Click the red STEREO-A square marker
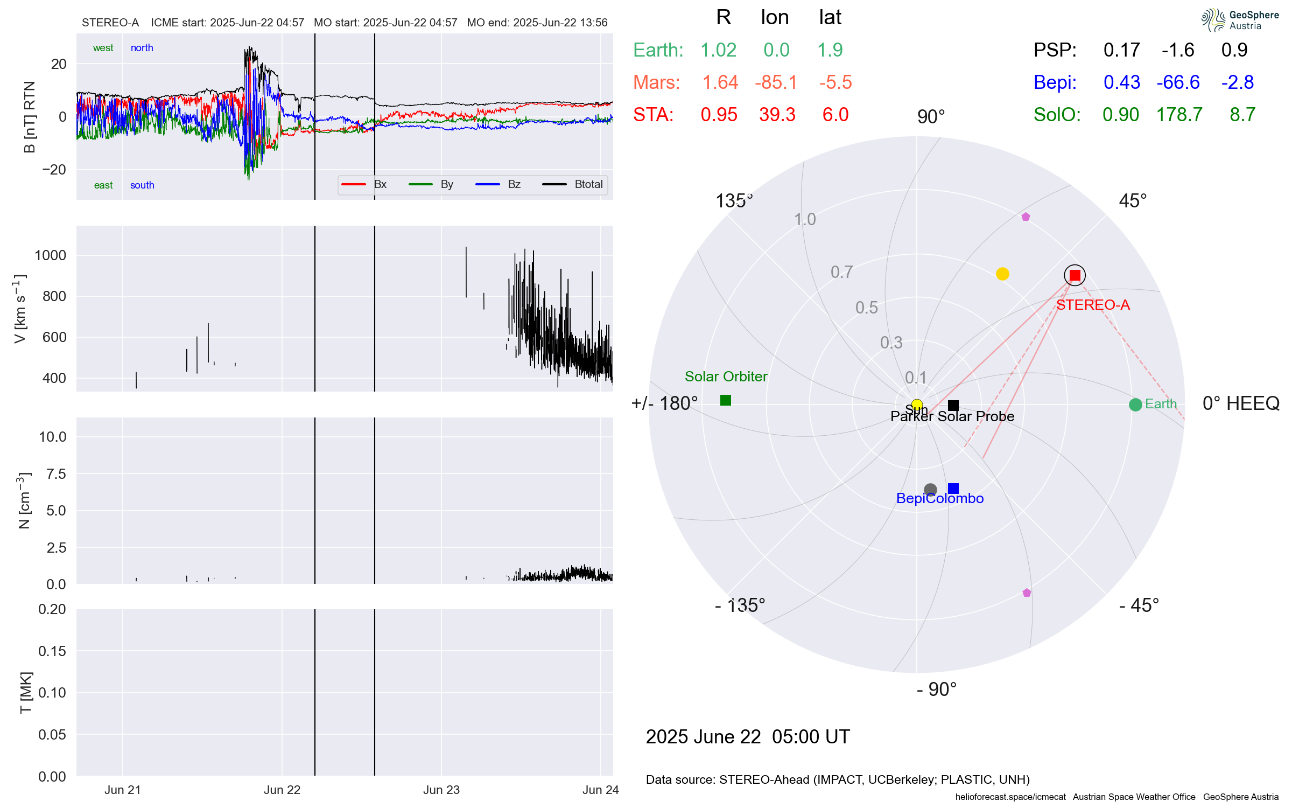[1075, 275]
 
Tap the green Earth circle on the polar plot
[1135, 405]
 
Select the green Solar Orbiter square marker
[726, 400]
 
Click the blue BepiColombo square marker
[953, 489]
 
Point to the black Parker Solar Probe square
[953, 405]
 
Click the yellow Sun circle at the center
[917, 405]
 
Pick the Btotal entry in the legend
[588, 184]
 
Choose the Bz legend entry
[514, 184]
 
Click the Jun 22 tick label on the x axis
[282, 790]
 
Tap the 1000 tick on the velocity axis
[51, 255]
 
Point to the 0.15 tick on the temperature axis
[52, 651]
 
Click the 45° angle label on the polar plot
[1133, 201]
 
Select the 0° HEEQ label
[1241, 403]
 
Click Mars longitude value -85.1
[776, 82]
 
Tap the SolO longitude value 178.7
[1179, 115]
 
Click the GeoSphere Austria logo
[1240, 20]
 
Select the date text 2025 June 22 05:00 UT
[748, 737]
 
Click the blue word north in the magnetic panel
[142, 48]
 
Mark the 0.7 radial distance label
[841, 272]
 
